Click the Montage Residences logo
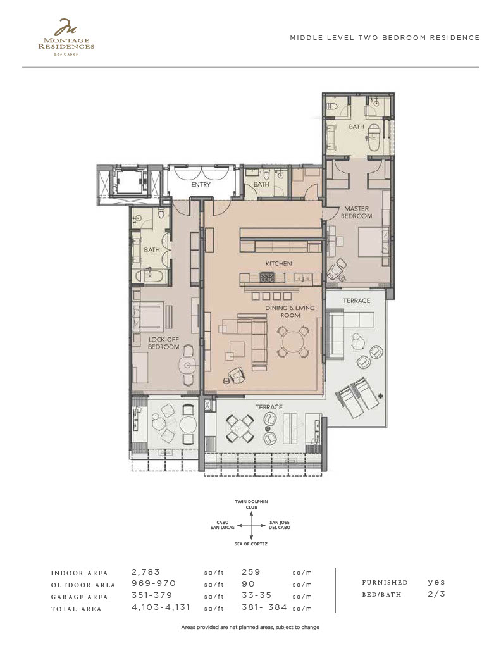[66, 37]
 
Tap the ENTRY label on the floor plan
[201, 185]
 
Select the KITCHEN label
[278, 263]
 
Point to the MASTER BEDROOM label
[356, 213]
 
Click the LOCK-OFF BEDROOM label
[164, 343]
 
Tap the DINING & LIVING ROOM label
[290, 311]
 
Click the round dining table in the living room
[293, 341]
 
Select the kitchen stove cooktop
[267, 277]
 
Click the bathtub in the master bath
[373, 137]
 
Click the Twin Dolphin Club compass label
[252, 504]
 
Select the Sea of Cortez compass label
[250, 544]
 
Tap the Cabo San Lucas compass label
[222, 525]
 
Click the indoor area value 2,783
[145, 572]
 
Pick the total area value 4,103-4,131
[161, 607]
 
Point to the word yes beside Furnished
[436, 582]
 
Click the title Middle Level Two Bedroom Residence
[385, 37]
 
